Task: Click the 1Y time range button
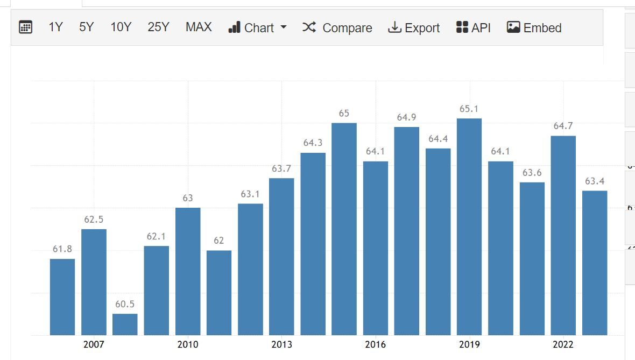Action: click(55, 27)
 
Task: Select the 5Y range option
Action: click(86, 27)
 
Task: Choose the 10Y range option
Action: click(121, 27)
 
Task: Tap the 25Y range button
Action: click(158, 27)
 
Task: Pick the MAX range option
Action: click(199, 27)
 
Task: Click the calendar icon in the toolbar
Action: click(25, 27)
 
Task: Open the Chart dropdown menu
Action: click(258, 27)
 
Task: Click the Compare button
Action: click(337, 27)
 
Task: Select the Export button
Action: click(413, 27)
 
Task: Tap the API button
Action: click(473, 27)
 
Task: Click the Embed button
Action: click(534, 27)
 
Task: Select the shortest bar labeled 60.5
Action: click(125, 324)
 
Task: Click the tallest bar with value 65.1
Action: click(469, 227)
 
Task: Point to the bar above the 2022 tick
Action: click(563, 236)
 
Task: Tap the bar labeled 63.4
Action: click(595, 263)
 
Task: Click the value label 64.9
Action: click(407, 117)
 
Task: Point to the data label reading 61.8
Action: click(62, 249)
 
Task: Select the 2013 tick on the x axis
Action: click(281, 344)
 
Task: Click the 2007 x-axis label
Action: click(94, 344)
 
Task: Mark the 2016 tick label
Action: click(376, 344)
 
